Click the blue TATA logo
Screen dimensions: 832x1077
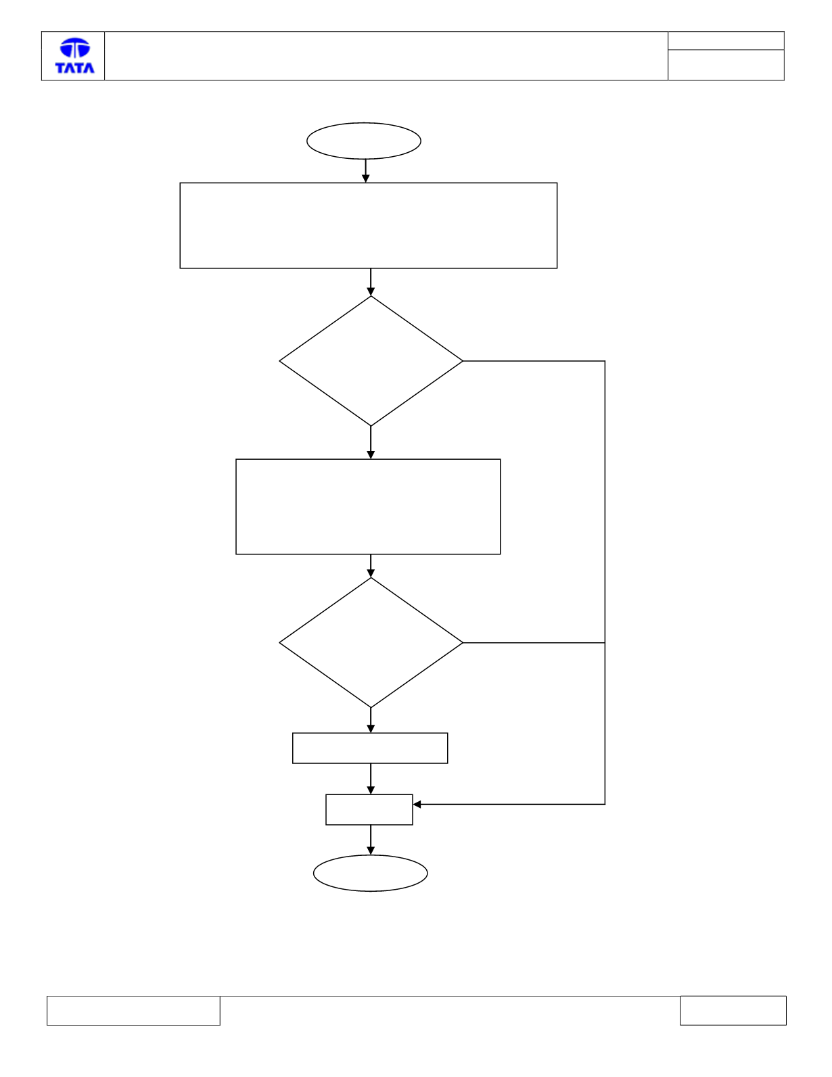74,55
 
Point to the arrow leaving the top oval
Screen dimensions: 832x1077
365,171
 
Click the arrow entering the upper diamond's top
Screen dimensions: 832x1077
371,283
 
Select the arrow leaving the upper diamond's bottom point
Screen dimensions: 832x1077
371,442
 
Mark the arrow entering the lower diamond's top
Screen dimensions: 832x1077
371,565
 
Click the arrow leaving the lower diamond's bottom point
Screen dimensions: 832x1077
371,719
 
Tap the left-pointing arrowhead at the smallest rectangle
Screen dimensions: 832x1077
417,805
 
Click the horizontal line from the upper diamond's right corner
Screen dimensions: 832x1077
534,361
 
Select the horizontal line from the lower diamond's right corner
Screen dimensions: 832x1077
534,642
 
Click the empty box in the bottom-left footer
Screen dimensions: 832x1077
133,1010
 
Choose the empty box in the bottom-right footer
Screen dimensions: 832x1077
733,1010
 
